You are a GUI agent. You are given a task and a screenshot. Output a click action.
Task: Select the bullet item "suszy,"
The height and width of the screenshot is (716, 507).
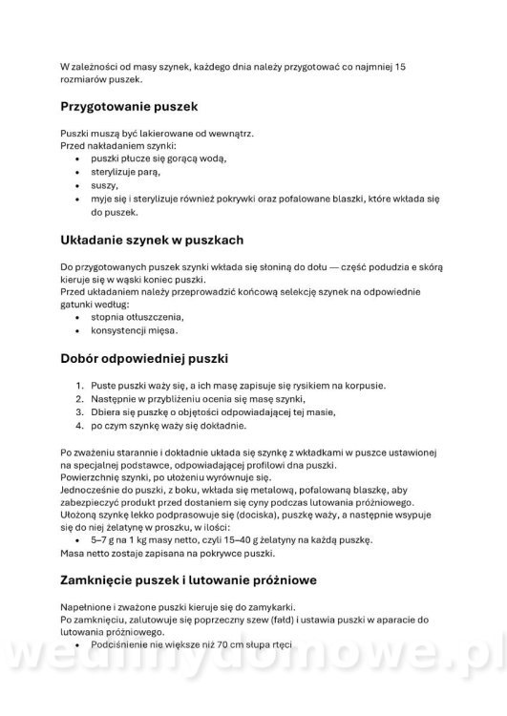click(104, 184)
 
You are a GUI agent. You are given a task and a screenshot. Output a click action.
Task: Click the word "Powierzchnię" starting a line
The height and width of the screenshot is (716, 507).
click(93, 474)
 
